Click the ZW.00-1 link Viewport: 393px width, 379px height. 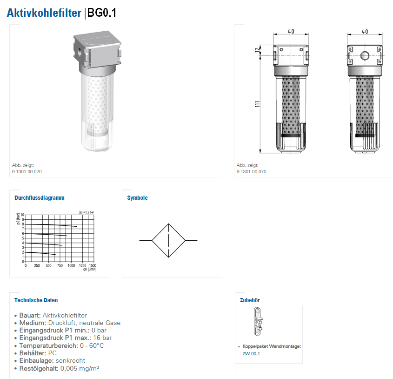pos(251,354)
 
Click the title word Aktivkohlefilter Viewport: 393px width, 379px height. pos(44,13)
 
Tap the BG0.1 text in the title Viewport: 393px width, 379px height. pos(102,13)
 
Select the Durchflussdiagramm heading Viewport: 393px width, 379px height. pos(40,198)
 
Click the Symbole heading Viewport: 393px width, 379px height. pos(137,198)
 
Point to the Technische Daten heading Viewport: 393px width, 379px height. pos(36,300)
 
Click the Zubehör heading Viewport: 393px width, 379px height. pos(250,300)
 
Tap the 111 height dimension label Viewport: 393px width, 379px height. pos(257,104)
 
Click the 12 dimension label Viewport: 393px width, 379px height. pos(257,50)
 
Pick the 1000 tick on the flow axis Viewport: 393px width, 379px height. pos(71,265)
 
